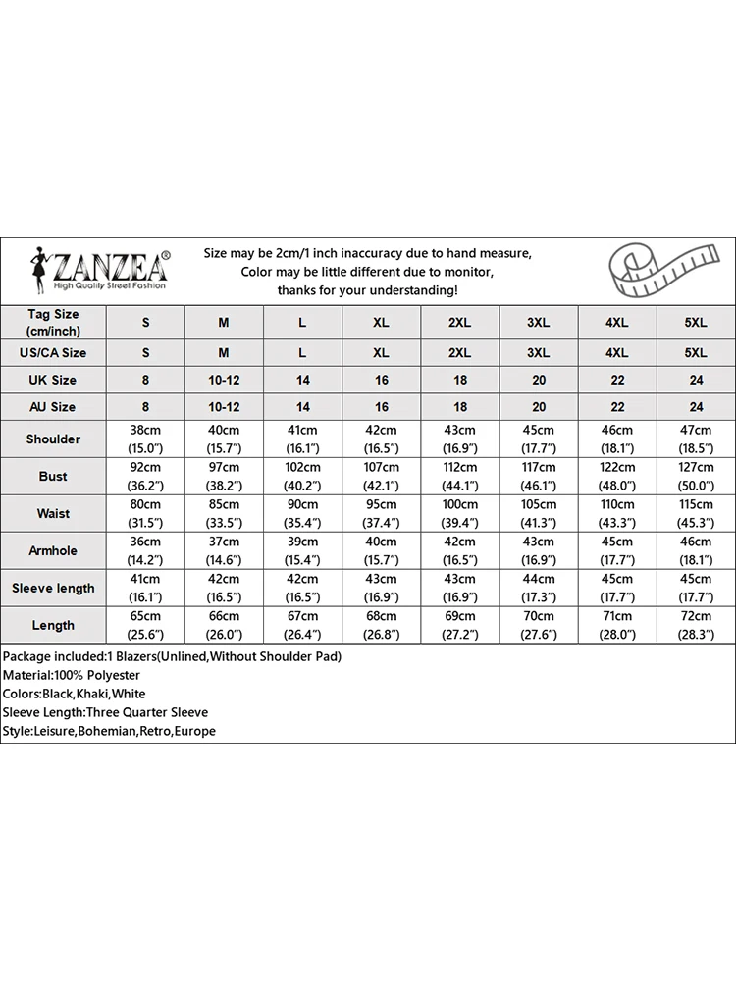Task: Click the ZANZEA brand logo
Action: point(98,269)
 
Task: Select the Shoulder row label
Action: point(53,439)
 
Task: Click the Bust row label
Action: point(53,476)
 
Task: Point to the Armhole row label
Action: point(53,550)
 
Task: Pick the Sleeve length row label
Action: point(53,588)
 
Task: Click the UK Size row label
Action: point(53,380)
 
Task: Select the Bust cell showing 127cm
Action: point(696,476)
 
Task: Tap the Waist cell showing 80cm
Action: point(145,513)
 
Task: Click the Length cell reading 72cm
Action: point(696,625)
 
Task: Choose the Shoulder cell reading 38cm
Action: point(145,439)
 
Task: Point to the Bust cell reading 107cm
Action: point(381,476)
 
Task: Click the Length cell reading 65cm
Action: point(145,625)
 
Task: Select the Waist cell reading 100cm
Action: point(459,513)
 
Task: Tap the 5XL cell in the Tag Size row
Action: point(696,322)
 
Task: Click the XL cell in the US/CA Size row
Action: point(381,352)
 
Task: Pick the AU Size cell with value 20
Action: point(539,406)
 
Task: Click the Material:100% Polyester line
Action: point(71,675)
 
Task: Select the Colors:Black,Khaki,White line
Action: point(75,694)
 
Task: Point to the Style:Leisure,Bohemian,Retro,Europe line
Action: point(108,731)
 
